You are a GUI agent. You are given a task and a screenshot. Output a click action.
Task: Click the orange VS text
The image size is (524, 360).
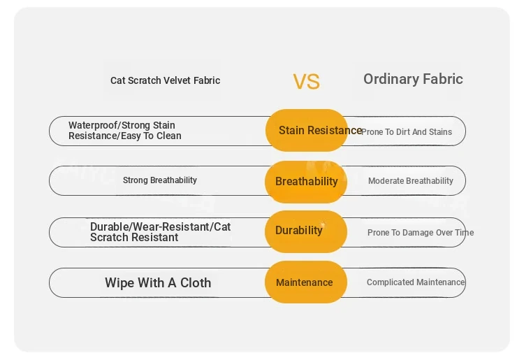click(x=307, y=82)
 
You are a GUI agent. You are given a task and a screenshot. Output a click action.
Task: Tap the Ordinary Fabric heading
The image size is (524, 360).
click(x=413, y=80)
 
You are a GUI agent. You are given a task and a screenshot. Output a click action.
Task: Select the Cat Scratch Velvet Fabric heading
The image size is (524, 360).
click(x=165, y=80)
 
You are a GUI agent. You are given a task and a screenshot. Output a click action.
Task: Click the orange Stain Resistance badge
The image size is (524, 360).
click(x=307, y=130)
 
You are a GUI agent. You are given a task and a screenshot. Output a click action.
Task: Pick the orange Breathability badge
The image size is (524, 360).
click(x=306, y=182)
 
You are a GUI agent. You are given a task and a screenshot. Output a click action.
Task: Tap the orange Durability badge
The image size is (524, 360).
click(x=306, y=231)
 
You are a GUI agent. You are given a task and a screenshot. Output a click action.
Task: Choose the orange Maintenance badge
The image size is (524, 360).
click(x=306, y=282)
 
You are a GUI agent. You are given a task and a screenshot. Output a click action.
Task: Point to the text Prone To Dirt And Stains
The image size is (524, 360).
click(x=407, y=132)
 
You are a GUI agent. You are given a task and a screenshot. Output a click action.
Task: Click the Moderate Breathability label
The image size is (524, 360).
click(x=411, y=181)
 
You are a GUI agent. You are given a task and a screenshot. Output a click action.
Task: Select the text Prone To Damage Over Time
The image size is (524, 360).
click(x=421, y=233)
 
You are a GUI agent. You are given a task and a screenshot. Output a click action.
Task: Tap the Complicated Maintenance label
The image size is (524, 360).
click(x=416, y=282)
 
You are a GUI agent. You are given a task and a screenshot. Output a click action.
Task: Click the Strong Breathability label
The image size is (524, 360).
click(x=160, y=180)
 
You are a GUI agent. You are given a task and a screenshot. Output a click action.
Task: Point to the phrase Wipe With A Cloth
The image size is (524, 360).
click(x=158, y=283)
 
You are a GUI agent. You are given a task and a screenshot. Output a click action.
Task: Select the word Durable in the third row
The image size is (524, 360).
click(x=110, y=226)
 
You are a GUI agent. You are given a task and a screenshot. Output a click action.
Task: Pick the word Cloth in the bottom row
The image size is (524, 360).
click(x=196, y=283)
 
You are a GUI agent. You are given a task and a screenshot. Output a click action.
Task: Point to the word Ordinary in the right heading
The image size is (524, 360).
click(x=391, y=80)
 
